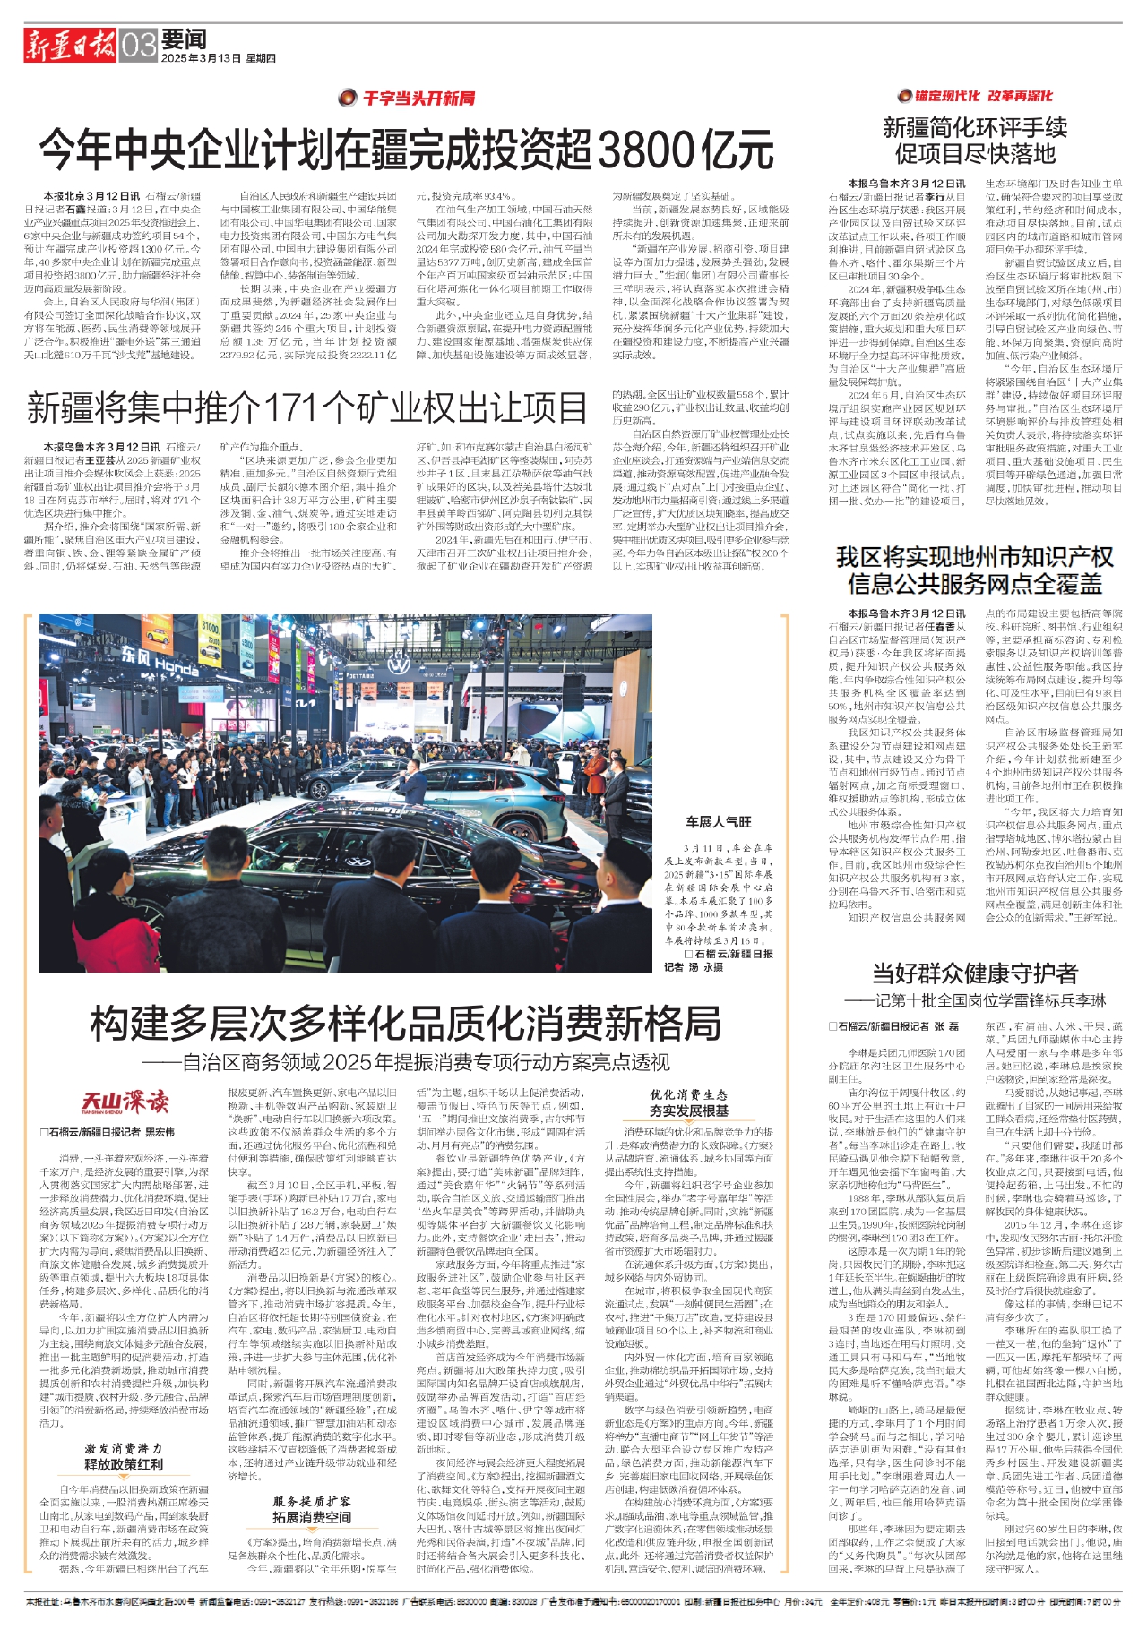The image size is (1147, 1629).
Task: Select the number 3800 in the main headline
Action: pyautogui.click(x=646, y=149)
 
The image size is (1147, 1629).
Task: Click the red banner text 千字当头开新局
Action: pyautogui.click(x=418, y=99)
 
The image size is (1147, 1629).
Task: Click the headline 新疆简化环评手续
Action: pyautogui.click(x=975, y=128)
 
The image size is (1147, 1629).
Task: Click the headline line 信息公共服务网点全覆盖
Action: pyautogui.click(x=975, y=585)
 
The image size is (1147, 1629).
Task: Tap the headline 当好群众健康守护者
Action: pyautogui.click(x=975, y=973)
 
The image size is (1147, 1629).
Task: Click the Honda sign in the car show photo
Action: pyautogui.click(x=160, y=664)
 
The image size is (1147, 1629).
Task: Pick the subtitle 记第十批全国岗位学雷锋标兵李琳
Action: pyautogui.click(x=975, y=1000)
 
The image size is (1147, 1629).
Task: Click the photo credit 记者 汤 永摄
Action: pyautogui.click(x=693, y=967)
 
